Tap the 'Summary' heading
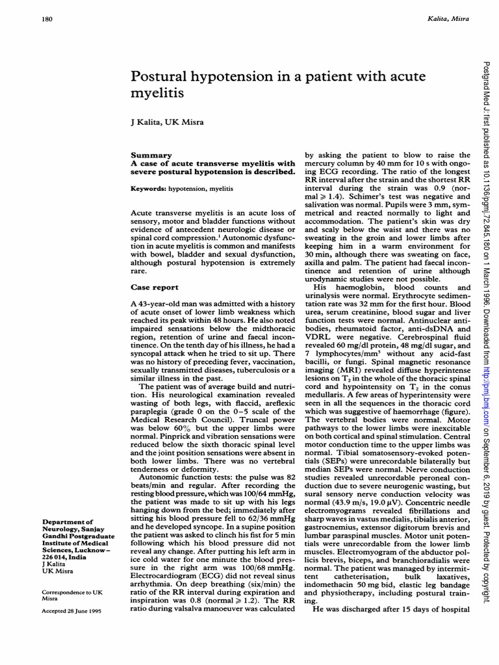point(151,155)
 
